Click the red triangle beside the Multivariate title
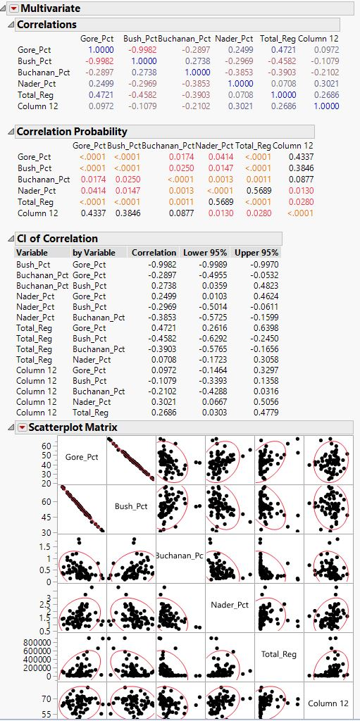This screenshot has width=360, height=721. coord(13,8)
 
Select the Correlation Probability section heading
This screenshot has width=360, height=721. coord(71,131)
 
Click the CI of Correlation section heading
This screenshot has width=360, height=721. coord(57,238)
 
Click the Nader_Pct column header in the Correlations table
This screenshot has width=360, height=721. coord(234,38)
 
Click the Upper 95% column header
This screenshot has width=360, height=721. coord(262,252)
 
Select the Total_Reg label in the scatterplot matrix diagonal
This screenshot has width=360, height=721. coord(279,654)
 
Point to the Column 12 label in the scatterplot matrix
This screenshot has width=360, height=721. coord(328,703)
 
